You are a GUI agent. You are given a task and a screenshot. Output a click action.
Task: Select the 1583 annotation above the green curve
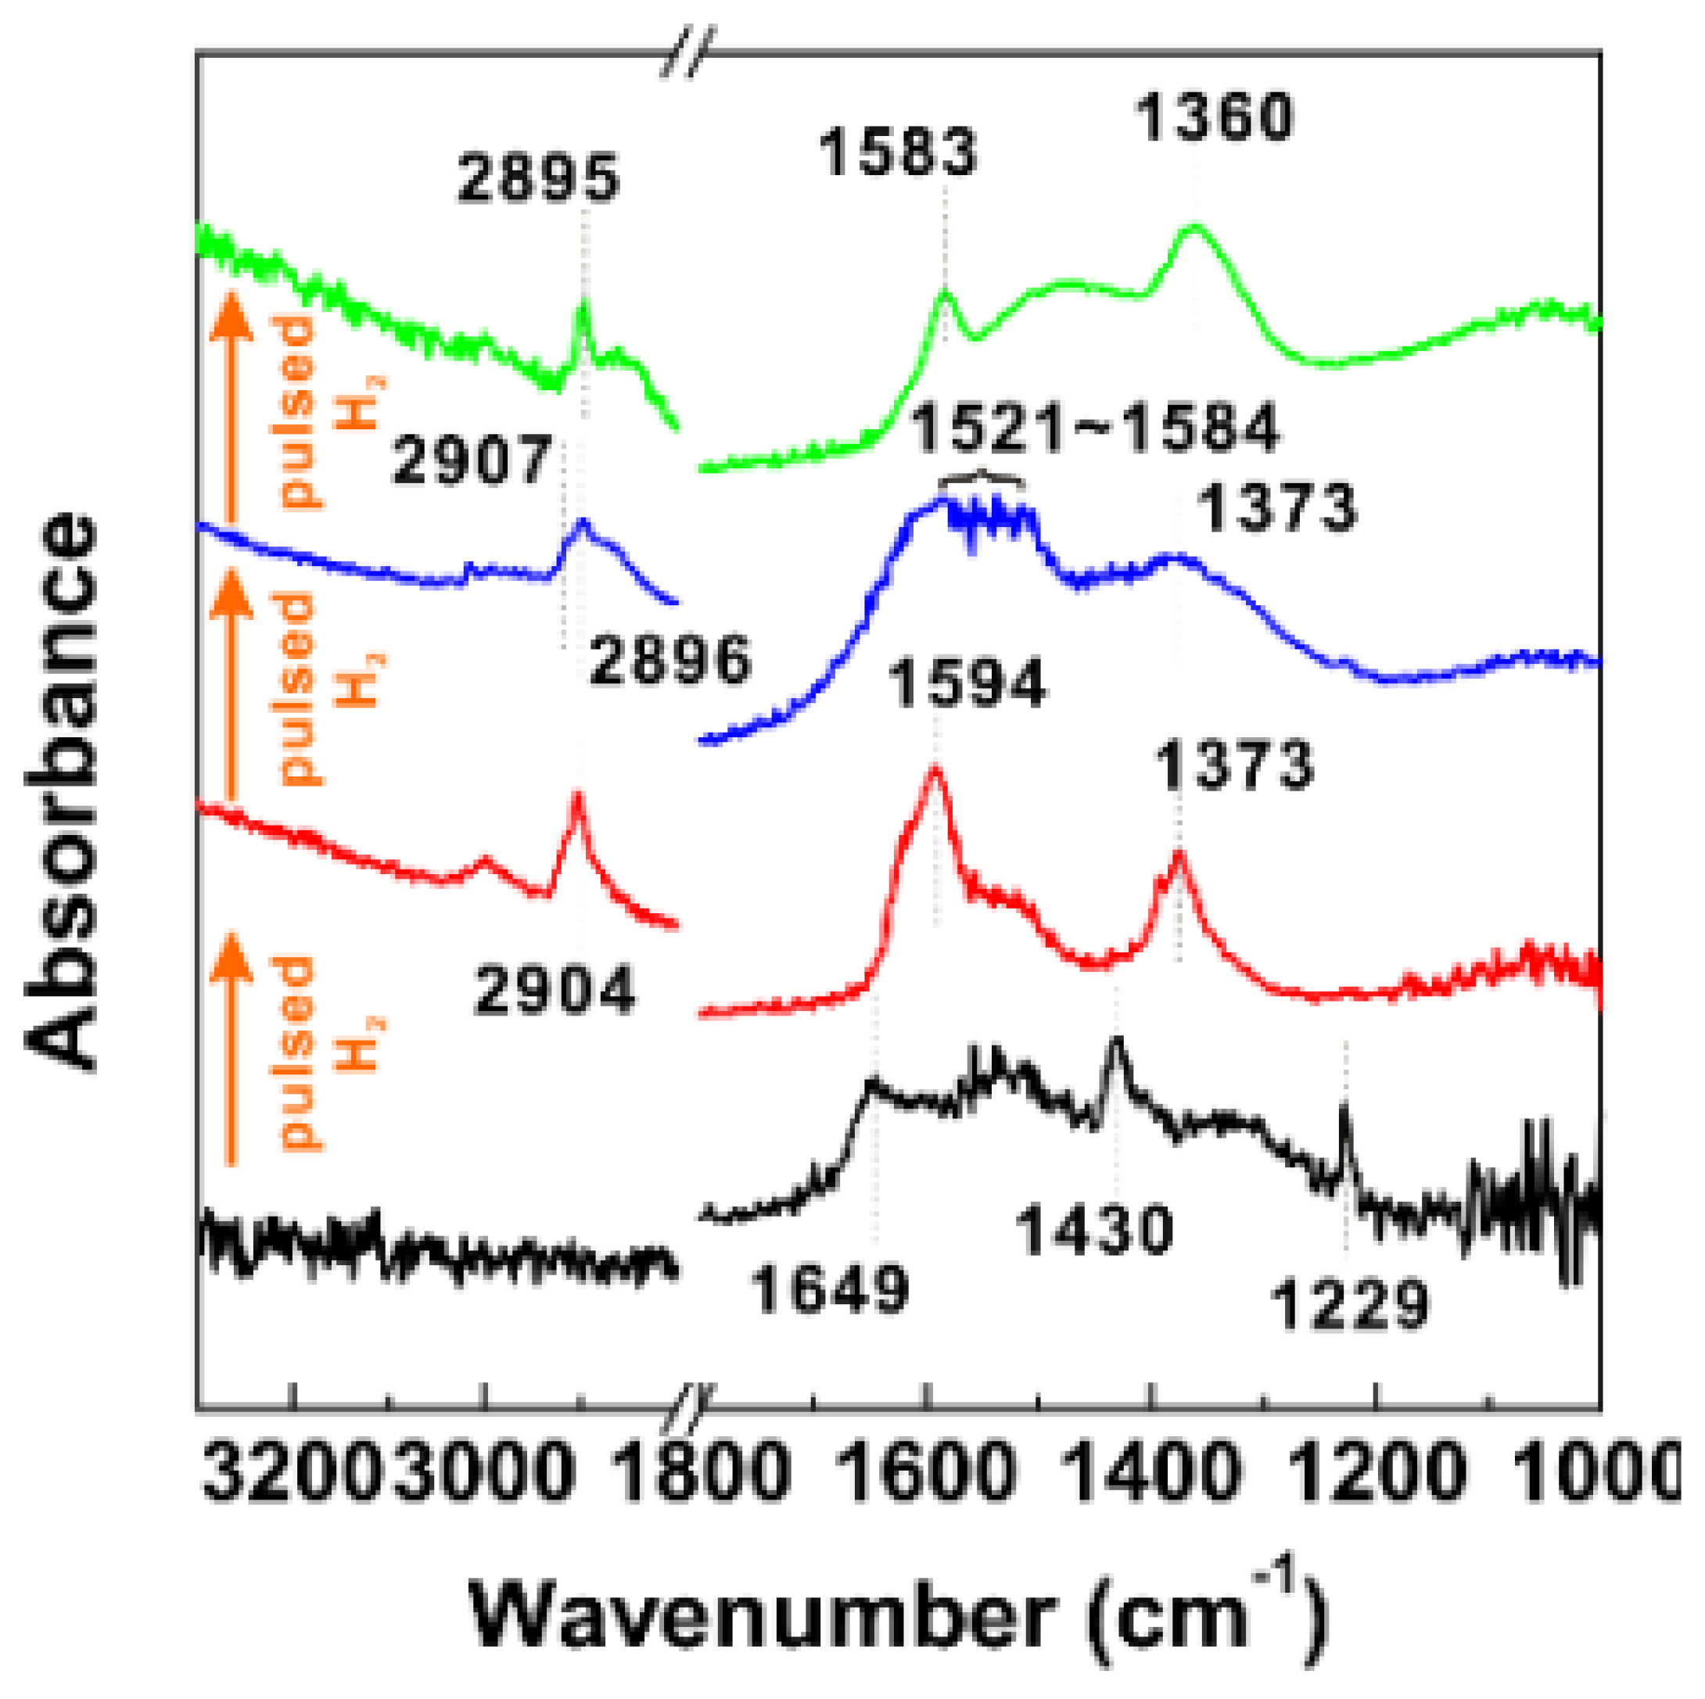(x=899, y=152)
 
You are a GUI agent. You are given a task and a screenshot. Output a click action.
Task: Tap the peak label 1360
(x=1215, y=117)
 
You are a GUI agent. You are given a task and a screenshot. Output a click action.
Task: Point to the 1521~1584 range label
(x=1094, y=429)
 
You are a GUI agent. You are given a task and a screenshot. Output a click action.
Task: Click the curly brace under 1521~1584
(x=982, y=479)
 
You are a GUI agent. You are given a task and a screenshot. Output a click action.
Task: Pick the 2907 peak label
(x=472, y=461)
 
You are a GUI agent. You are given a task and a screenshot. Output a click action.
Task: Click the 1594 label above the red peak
(x=967, y=683)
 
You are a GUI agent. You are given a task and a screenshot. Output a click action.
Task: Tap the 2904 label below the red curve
(x=555, y=991)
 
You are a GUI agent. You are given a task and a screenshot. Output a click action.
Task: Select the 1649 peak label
(x=829, y=1289)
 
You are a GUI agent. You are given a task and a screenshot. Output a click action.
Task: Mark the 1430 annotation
(x=1094, y=1231)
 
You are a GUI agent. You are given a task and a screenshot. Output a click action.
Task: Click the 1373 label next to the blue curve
(x=1276, y=509)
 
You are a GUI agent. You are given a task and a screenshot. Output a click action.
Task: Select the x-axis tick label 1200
(x=1377, y=1472)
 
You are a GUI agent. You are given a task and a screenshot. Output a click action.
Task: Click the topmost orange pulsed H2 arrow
(x=232, y=406)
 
